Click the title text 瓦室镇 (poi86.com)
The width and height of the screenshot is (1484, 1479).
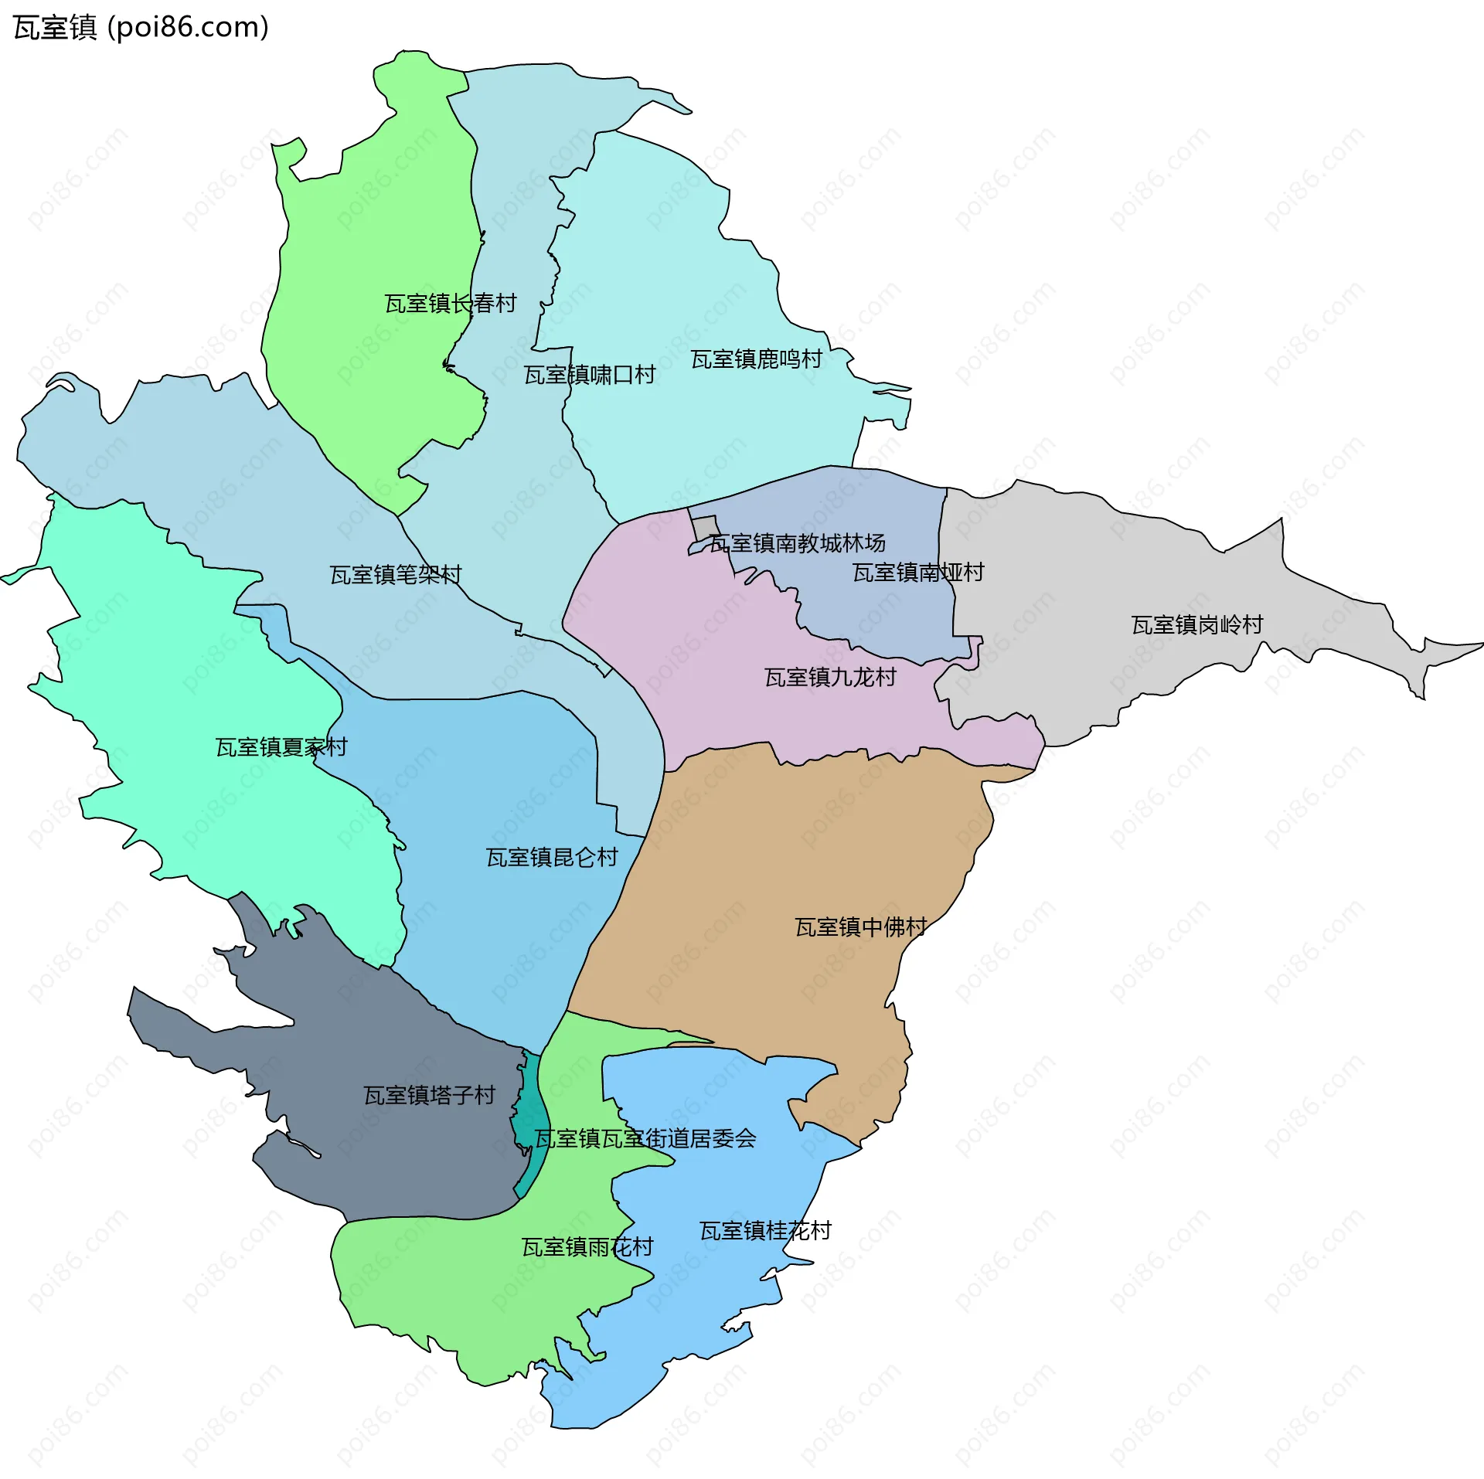point(141,28)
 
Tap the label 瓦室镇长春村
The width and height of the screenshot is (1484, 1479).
point(451,304)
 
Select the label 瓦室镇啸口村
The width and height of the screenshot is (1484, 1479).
point(590,376)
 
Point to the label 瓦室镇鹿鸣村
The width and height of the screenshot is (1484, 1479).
point(756,359)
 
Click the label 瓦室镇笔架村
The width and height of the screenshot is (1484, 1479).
point(396,575)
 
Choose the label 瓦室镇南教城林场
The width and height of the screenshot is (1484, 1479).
point(798,543)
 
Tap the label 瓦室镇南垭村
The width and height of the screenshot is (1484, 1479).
point(918,573)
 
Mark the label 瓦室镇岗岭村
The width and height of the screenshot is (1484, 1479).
point(1197,624)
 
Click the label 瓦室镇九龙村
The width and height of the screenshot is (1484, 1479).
point(830,678)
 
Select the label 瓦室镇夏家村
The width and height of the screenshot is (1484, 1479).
point(281,747)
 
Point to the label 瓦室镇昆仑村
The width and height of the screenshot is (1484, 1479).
point(552,858)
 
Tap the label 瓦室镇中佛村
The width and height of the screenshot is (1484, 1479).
point(861,927)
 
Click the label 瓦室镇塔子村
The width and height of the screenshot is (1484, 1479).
point(429,1096)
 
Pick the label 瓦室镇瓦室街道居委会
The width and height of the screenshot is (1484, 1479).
point(645,1139)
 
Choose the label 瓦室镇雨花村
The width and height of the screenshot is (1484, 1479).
point(587,1247)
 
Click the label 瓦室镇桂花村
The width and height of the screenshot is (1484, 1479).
point(765,1231)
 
